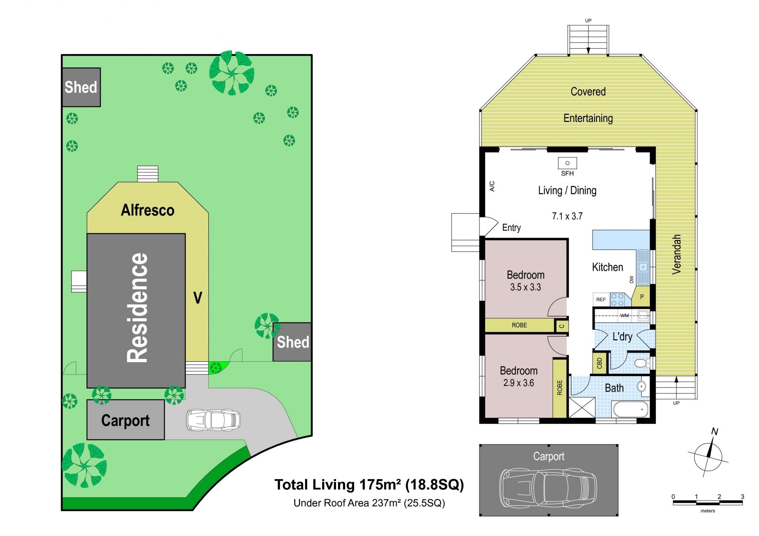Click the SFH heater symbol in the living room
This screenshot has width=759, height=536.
tap(567, 163)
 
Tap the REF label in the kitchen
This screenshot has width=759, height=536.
tap(601, 300)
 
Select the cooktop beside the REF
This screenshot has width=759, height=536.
tap(617, 300)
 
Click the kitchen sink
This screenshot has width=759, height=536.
tap(643, 267)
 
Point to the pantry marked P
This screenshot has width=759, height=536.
tap(642, 297)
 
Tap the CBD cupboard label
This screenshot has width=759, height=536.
tap(599, 363)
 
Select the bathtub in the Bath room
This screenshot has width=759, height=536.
tap(630, 409)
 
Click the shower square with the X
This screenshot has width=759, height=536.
tap(582, 408)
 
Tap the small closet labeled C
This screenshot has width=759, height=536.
tap(562, 326)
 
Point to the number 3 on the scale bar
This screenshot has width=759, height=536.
tap(742, 496)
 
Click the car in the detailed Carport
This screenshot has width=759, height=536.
tap(548, 488)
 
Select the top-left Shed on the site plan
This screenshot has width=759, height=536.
tap(81, 87)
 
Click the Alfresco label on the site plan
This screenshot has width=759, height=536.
tap(147, 210)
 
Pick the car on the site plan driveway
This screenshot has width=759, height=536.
tap(213, 420)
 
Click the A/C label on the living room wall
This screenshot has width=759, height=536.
tap(492, 186)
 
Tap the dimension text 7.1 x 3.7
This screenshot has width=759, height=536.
tap(567, 216)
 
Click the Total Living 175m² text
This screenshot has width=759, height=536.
tap(369, 485)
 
